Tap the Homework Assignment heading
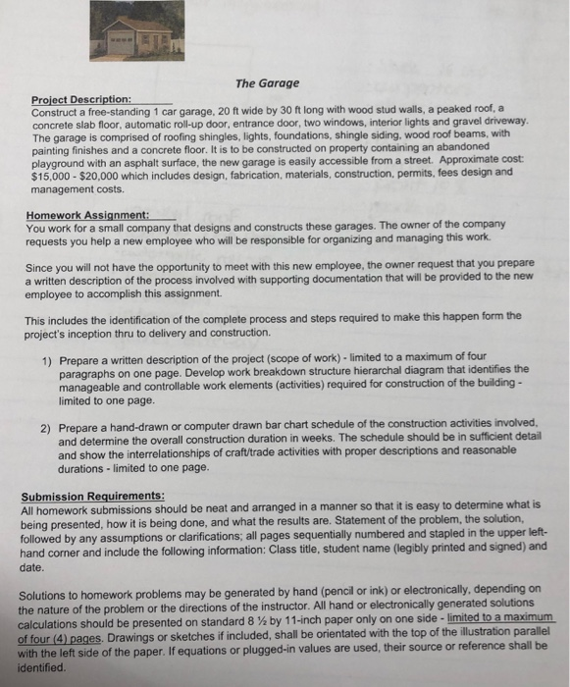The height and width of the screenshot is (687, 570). pyautogui.click(x=86, y=213)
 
